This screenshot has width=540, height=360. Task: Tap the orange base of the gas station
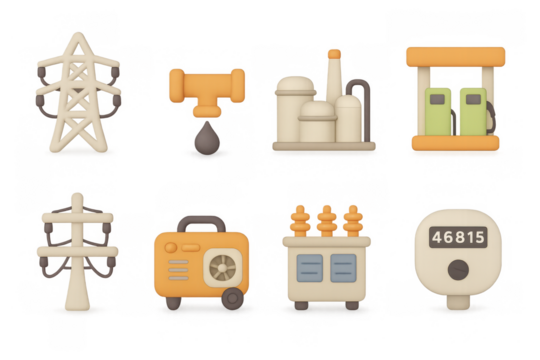[456, 143]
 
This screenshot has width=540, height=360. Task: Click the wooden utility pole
[76, 250]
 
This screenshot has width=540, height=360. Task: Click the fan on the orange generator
[222, 267]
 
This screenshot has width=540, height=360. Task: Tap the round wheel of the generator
[232, 298]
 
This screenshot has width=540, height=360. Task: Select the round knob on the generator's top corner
[171, 246]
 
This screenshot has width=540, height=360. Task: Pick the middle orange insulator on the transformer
[326, 219]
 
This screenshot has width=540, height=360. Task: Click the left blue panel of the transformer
[309, 267]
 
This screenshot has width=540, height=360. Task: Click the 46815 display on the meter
[457, 238]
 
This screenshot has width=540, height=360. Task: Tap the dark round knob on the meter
[457, 270]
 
